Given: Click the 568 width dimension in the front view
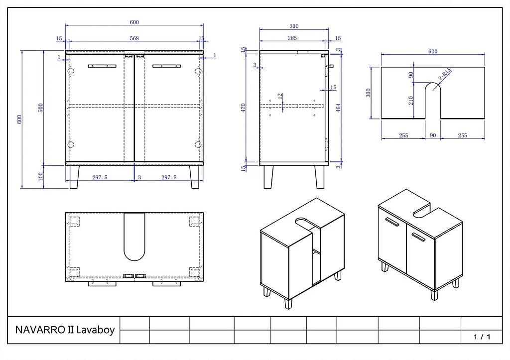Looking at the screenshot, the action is (x=134, y=38).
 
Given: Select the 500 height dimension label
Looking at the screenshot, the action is (x=41, y=108).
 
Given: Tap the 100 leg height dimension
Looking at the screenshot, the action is (x=41, y=176).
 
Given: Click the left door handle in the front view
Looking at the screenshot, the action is (x=102, y=66).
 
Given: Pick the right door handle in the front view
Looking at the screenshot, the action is (x=166, y=66).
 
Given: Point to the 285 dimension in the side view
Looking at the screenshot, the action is (x=292, y=38).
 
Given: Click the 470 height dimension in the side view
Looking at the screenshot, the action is (x=244, y=108).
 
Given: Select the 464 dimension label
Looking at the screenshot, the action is (x=338, y=108).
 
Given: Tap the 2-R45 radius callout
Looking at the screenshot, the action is (x=445, y=75).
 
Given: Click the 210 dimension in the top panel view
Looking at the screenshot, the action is (x=411, y=101).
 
